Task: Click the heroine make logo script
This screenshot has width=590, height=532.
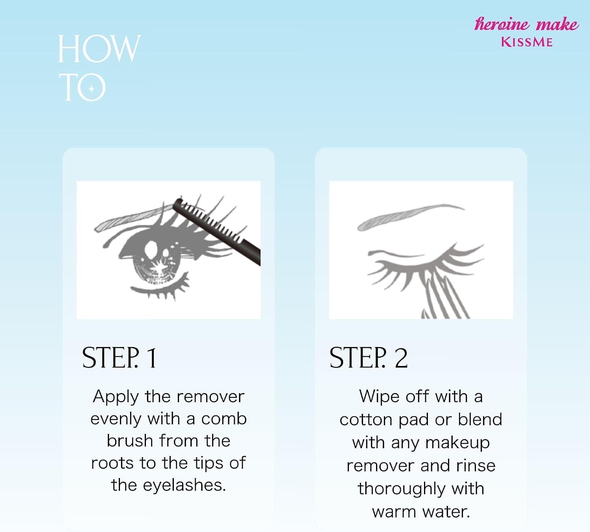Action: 526,24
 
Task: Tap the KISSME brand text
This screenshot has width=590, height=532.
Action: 527,42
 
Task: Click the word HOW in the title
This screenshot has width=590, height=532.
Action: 99,49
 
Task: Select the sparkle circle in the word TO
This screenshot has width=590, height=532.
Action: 92,88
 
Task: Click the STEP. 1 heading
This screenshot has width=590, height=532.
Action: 119,358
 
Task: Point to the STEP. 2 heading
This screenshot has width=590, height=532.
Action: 369,358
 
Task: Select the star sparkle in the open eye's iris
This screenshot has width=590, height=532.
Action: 159,268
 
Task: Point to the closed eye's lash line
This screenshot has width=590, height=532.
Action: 424,266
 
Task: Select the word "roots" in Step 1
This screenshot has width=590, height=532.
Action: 112,464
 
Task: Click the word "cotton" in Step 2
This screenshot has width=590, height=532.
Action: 366,420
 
